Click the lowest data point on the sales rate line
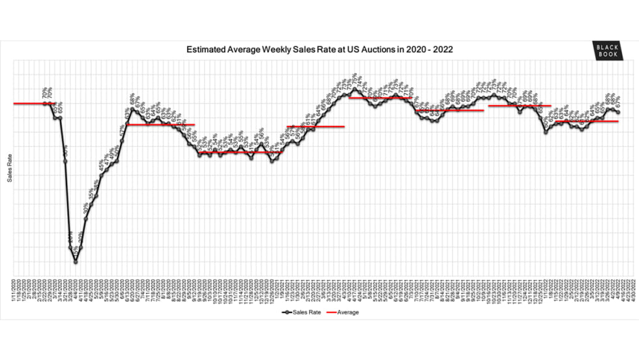coord(76,262)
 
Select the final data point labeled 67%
coord(618,113)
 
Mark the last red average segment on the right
coord(587,121)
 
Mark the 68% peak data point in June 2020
coord(132,109)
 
